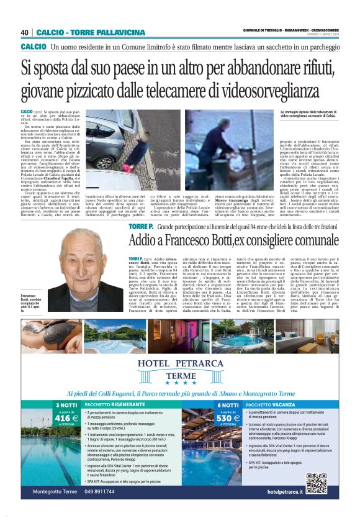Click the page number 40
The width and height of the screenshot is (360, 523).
pyautogui.click(x=25, y=32)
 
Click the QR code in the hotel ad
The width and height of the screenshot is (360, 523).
pyautogui.click(x=317, y=483)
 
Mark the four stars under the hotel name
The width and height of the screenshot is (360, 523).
pyautogui.click(x=180, y=382)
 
